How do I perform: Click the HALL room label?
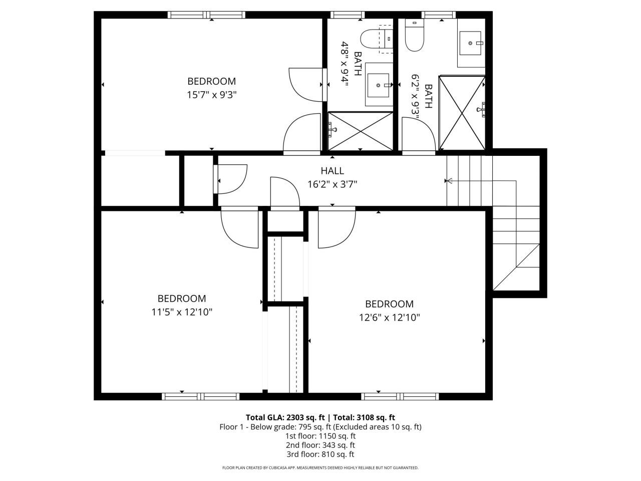[x=332, y=171]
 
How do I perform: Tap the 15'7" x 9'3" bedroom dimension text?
[x=211, y=94]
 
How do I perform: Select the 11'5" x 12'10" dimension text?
[x=182, y=312]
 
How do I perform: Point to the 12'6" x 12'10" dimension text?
[x=389, y=317]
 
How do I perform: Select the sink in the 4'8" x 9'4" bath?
[x=379, y=85]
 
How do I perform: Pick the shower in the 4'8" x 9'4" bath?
[x=361, y=131]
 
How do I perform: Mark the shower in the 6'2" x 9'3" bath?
[x=462, y=113]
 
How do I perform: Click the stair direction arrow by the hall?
[x=449, y=181]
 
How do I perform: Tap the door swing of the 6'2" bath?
[x=419, y=133]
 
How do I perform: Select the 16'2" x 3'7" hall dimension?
[x=332, y=184]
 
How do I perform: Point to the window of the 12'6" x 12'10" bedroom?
[x=400, y=396]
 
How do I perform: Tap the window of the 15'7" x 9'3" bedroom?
[x=206, y=15]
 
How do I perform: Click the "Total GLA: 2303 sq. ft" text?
[x=285, y=417]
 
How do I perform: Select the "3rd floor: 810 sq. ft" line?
[x=320, y=454]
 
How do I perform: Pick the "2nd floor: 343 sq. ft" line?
[x=320, y=445]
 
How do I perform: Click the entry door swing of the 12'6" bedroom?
[x=336, y=228]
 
